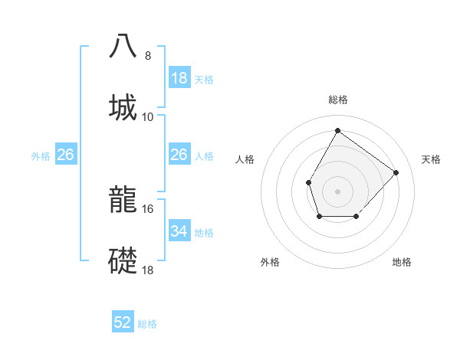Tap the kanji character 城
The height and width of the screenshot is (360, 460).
pos(123,106)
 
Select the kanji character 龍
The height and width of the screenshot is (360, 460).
pos(123,201)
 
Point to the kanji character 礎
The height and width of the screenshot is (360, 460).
pos(123,261)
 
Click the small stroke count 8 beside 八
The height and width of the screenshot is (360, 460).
pos(148,56)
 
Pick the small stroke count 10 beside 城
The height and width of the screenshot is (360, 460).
pos(148,116)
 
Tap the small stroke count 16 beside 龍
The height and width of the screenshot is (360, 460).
pos(148,208)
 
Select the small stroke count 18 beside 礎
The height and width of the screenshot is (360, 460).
pos(148,270)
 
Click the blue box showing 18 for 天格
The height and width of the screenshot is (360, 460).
pos(179,78)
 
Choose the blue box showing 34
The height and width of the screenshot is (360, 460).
pos(179,231)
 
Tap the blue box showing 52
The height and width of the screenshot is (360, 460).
pos(123,322)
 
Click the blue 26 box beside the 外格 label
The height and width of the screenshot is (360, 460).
pos(65,155)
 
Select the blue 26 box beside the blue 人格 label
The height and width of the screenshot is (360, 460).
pos(179,155)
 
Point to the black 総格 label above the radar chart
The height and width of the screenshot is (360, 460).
pos(337,100)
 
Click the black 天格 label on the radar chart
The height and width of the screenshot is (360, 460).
pos(431,159)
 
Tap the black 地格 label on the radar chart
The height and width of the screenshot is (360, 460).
pos(402,262)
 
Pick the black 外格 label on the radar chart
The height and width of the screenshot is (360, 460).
pos(270,262)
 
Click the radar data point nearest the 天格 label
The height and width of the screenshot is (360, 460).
pos(396,172)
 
